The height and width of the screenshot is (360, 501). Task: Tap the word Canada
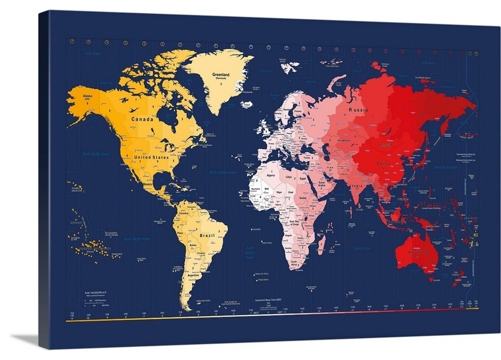point(142,119)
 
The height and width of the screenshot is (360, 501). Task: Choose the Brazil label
point(207,236)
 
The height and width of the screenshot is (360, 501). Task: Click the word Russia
point(358,110)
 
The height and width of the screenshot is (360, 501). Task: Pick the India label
point(356,186)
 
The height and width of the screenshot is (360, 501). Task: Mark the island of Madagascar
point(321,245)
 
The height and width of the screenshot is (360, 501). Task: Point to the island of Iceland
point(247,104)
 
